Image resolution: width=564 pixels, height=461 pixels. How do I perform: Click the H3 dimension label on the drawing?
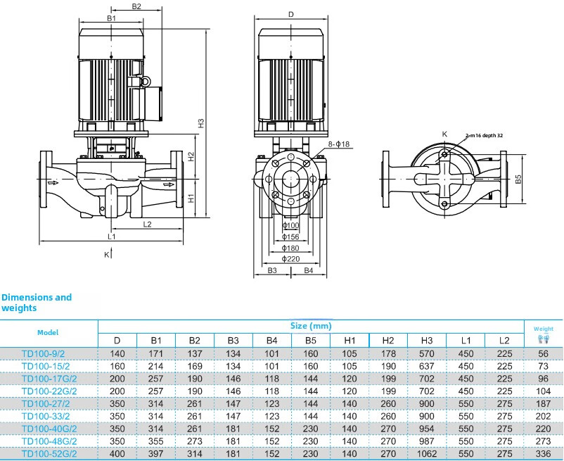(200, 122)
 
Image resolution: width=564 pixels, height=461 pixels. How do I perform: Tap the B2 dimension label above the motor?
(136, 7)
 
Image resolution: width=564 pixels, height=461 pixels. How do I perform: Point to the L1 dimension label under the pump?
(111, 236)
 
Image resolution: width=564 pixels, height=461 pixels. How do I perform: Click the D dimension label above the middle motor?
(290, 14)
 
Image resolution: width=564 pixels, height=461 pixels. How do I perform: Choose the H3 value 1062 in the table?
(427, 453)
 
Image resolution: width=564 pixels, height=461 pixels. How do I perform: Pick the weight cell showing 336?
(542, 453)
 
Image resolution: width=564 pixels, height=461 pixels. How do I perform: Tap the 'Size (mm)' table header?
(310, 326)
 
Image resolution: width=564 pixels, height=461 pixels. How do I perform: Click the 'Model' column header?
(48, 332)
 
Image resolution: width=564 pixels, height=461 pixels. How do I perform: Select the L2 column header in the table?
(504, 341)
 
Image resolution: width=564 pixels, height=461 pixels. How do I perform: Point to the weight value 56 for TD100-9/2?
(542, 353)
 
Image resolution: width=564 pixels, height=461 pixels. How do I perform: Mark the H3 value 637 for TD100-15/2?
(427, 366)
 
